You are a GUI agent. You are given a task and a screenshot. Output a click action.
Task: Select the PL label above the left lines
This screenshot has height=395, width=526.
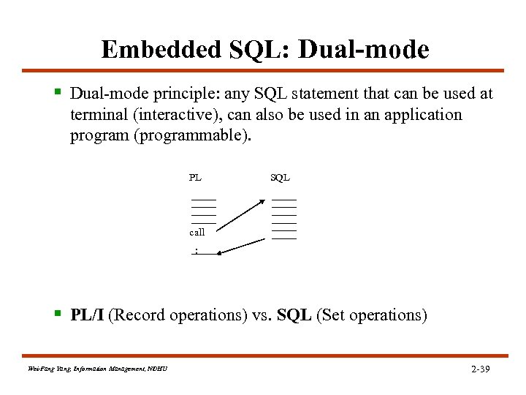point(195,177)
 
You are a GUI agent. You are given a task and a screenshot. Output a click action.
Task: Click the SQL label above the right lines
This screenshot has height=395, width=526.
point(280,177)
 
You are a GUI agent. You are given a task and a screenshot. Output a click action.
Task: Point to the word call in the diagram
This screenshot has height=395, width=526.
point(197,232)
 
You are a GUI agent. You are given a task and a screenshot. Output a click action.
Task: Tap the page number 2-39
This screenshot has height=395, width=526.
point(481,369)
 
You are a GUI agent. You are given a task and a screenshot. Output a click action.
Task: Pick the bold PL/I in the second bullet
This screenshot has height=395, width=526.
point(88,315)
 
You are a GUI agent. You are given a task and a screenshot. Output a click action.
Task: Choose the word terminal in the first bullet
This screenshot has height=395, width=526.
point(95,116)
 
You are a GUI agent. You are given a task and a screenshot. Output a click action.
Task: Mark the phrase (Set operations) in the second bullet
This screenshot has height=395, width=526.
point(372,315)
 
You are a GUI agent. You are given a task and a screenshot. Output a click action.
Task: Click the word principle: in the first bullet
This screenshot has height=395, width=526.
point(170,94)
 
